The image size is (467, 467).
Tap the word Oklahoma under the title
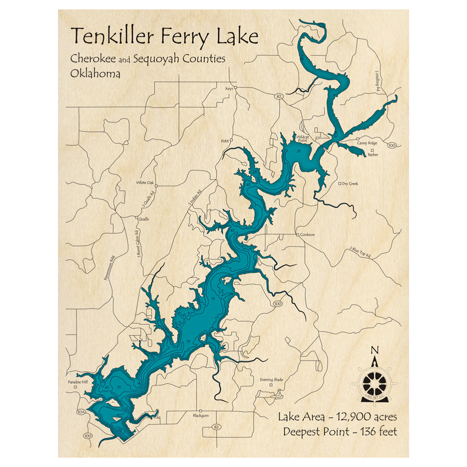click(95, 74)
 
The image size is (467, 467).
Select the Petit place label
click(225, 140)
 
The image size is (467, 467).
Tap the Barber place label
click(373, 155)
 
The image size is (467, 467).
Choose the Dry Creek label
click(350, 184)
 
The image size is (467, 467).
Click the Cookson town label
click(307, 235)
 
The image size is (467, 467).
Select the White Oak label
click(144, 183)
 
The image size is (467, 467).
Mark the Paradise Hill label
click(71, 382)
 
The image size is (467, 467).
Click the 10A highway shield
click(81, 412)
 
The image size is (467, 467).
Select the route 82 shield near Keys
click(279, 96)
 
